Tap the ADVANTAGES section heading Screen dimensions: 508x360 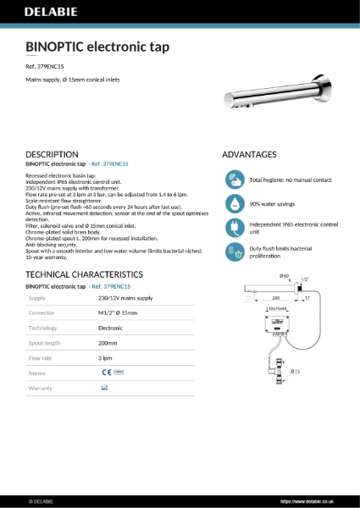pos(249,155)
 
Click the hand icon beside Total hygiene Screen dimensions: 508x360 pos(235,180)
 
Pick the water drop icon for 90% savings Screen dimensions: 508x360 pos(235,204)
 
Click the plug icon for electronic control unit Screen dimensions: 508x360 pos(235,228)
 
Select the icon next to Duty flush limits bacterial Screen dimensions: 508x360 pos(235,251)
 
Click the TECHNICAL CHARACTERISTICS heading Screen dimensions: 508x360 pos(84,275)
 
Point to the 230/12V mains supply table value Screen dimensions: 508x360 pos(125,298)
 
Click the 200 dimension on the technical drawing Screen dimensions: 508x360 pos(275,298)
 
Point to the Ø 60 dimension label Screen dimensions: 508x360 pos(285,277)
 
